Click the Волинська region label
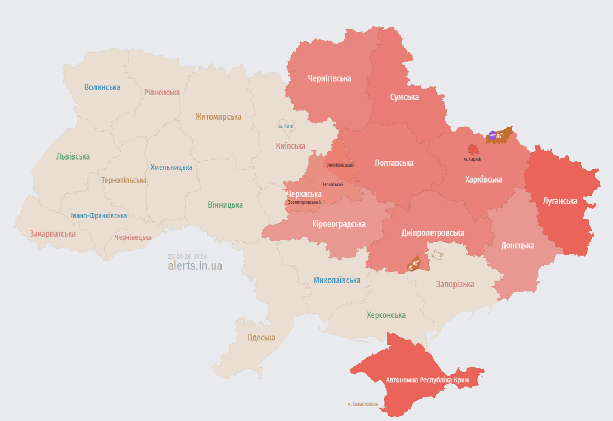(102, 87)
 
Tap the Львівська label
(73, 156)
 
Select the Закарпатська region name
(53, 234)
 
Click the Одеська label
(261, 338)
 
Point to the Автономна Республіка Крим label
(427, 379)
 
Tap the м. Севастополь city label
(362, 404)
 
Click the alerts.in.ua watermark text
(195, 266)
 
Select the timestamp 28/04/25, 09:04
(187, 257)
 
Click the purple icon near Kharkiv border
(492, 135)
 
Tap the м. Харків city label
(472, 159)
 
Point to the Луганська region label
(560, 201)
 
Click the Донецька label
(517, 245)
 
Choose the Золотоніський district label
(339, 165)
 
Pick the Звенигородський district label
(304, 202)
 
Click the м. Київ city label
(285, 126)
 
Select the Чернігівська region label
(329, 78)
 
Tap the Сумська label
(404, 97)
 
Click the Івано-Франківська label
(99, 215)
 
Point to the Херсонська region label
(386, 315)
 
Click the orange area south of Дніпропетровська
(413, 264)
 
